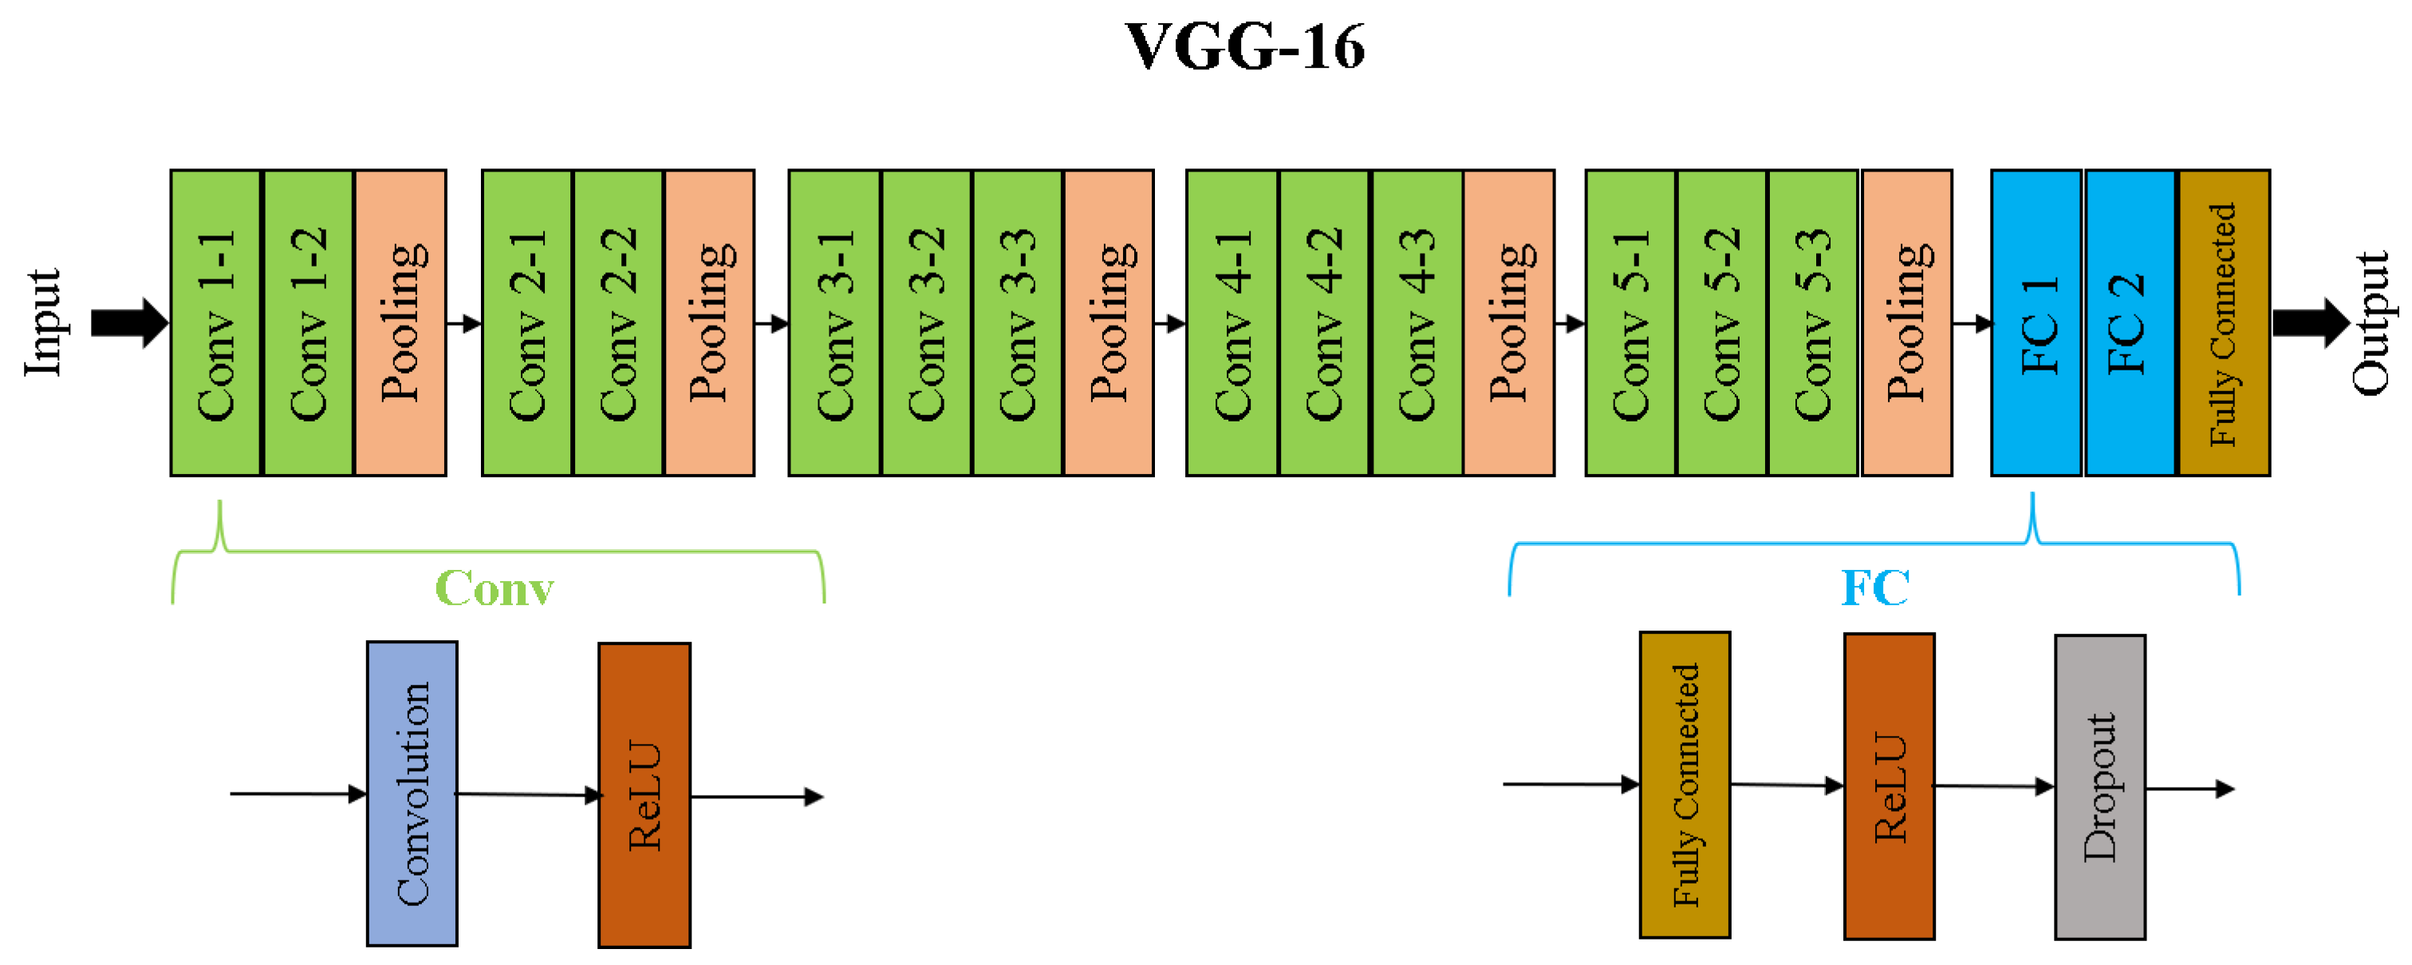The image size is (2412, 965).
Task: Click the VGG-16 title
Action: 1244,47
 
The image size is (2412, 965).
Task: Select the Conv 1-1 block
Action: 215,323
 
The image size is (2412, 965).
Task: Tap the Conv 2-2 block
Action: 618,323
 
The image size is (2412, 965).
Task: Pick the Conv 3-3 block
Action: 1018,323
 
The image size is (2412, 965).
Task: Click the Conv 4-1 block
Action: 1232,323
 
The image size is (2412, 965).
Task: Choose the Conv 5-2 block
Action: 1721,323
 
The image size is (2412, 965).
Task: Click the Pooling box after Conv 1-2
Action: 400,323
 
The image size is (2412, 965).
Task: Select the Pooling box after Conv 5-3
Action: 1906,323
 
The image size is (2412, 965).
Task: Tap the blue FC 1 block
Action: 2036,323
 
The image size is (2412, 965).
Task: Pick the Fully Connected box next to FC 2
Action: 2224,323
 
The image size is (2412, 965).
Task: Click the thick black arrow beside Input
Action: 129,323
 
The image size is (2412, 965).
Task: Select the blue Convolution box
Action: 412,793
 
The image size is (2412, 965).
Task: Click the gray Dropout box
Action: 2099,787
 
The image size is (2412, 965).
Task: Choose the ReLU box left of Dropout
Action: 1889,786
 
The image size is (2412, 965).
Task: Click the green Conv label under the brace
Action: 495,588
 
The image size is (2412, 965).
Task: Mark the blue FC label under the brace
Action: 1874,588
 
